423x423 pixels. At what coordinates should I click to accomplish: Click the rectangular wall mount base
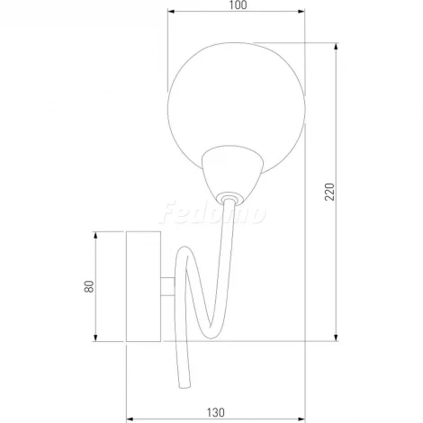(142, 287)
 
